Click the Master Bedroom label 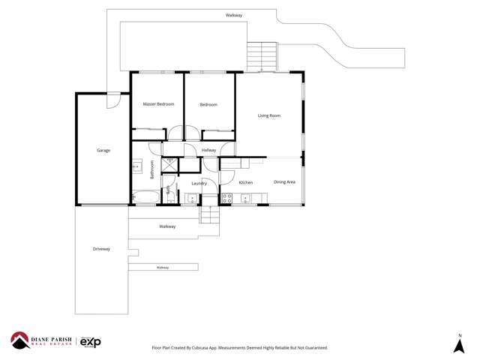(158, 104)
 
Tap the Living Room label (268, 115)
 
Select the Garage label (103, 151)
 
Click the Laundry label (199, 183)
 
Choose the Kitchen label (245, 182)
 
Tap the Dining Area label (284, 182)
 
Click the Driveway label (101, 249)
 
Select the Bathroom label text (152, 169)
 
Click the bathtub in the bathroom (145, 198)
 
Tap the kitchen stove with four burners (226, 199)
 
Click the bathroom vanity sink (136, 166)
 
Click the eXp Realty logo (90, 342)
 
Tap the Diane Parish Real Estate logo (40, 340)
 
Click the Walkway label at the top (234, 15)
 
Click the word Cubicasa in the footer (202, 348)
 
